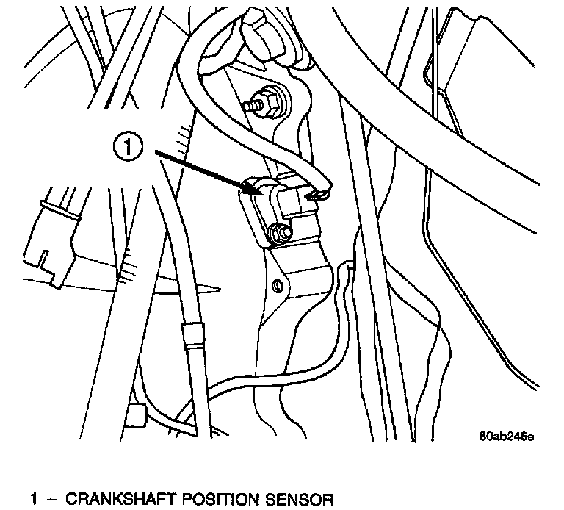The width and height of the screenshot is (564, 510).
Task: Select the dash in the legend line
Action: pos(51,500)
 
